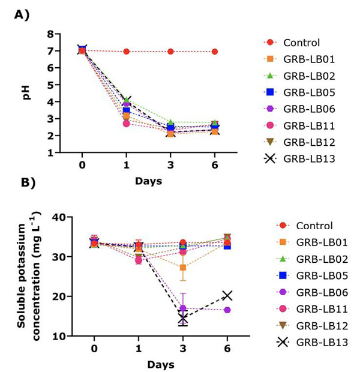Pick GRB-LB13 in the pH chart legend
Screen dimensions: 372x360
pyautogui.click(x=309, y=158)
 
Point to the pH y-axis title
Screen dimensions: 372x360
pyautogui.click(x=28, y=94)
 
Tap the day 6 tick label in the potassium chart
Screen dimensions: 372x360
pyautogui.click(x=227, y=349)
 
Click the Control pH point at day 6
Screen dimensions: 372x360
pyautogui.click(x=215, y=52)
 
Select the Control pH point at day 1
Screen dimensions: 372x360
pyautogui.click(x=126, y=52)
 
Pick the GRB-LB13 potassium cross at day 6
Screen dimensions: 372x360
pyautogui.click(x=227, y=295)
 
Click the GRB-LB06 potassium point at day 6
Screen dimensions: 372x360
pyautogui.click(x=227, y=310)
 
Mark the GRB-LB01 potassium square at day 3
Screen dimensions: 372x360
pyautogui.click(x=182, y=268)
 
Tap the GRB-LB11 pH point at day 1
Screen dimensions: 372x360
pyautogui.click(x=126, y=123)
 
